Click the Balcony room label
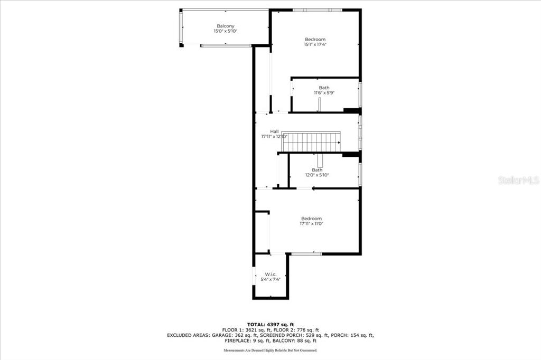[x=226, y=26]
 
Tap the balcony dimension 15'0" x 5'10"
[x=226, y=31]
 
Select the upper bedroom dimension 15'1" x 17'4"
[x=315, y=44]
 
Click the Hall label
[x=274, y=131]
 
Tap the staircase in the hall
[x=311, y=141]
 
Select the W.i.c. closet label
[x=271, y=274]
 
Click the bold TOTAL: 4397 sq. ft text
[x=270, y=324]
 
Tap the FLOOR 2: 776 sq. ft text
[x=299, y=330]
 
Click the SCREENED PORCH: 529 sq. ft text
[x=294, y=335]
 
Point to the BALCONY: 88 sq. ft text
[x=294, y=340]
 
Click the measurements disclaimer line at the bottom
[x=270, y=350]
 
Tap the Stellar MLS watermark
[x=519, y=180]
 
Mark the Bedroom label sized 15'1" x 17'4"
[x=315, y=39]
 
